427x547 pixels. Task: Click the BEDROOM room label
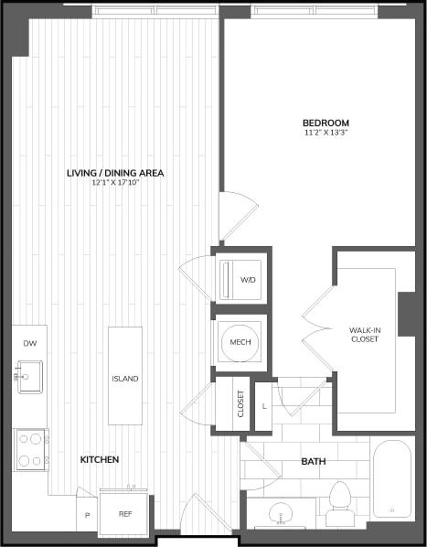pyautogui.click(x=326, y=123)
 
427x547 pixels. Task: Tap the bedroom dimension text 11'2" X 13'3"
pyautogui.click(x=326, y=134)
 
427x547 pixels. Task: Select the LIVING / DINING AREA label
pyautogui.click(x=114, y=172)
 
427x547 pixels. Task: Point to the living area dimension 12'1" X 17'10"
pyautogui.click(x=114, y=182)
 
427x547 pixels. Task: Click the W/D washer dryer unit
pyautogui.click(x=241, y=280)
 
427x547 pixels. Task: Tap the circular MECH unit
pyautogui.click(x=240, y=342)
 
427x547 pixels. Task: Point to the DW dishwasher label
pyautogui.click(x=29, y=343)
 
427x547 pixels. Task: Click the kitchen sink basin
pyautogui.click(x=29, y=375)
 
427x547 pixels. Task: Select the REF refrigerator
pyautogui.click(x=125, y=514)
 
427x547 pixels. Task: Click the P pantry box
pyautogui.click(x=86, y=515)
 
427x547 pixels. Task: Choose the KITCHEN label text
pyautogui.click(x=100, y=459)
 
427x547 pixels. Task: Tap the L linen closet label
pyautogui.click(x=264, y=403)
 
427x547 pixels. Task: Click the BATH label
pyautogui.click(x=314, y=461)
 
